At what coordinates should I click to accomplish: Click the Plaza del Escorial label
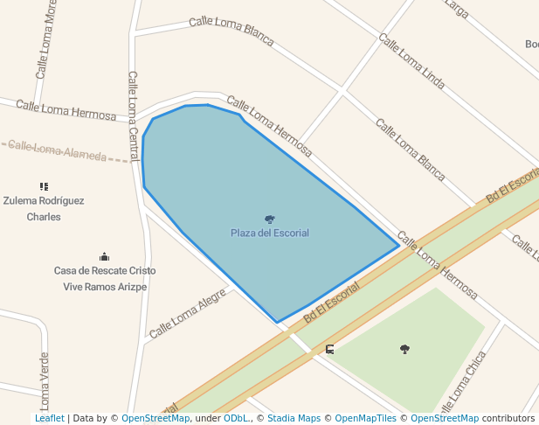(269, 233)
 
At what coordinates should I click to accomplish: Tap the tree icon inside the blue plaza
(269, 219)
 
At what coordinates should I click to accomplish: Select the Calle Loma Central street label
(134, 115)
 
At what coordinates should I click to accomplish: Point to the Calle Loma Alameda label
(58, 151)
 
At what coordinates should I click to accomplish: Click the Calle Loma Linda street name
(411, 61)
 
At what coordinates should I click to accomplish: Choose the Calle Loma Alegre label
(187, 315)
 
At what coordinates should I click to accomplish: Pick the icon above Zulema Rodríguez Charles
(44, 186)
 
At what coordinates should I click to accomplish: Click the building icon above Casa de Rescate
(105, 256)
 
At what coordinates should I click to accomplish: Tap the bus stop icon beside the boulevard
(330, 350)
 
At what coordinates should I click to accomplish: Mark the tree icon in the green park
(404, 349)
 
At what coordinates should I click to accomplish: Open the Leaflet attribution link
(49, 419)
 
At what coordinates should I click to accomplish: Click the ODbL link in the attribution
(236, 419)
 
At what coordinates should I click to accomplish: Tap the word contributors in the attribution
(508, 419)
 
